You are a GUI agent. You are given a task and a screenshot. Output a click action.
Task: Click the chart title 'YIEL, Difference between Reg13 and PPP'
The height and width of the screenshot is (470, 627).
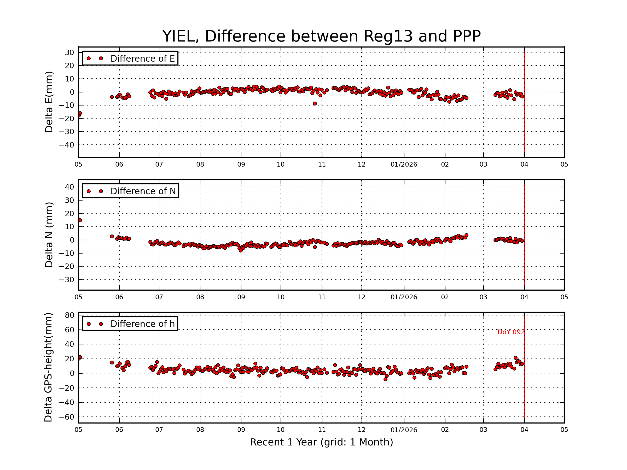pyautogui.click(x=321, y=36)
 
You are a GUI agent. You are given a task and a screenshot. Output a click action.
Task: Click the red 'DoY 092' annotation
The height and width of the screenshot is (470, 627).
pyautogui.click(x=511, y=332)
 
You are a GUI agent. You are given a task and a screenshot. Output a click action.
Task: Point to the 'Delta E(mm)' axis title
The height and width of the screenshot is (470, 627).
pyautogui.click(x=49, y=102)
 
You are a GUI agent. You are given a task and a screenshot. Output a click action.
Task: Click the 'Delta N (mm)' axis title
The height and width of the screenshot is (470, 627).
pyautogui.click(x=49, y=234)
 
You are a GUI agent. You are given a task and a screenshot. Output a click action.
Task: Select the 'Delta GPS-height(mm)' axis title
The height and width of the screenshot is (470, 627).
pyautogui.click(x=48, y=367)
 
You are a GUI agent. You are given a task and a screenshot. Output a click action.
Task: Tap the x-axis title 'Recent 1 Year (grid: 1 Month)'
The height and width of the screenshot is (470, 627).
pyautogui.click(x=321, y=442)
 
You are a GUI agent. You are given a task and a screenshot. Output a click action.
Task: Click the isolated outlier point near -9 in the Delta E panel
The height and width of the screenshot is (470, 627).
pyautogui.click(x=315, y=104)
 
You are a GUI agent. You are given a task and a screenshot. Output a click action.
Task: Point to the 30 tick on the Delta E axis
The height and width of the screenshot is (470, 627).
pyautogui.click(x=69, y=52)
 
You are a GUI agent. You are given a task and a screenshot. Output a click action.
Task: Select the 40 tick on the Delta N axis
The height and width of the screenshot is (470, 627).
pyautogui.click(x=69, y=187)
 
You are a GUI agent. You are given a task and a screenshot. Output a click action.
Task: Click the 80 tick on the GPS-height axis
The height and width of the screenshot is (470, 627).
pyautogui.click(x=69, y=315)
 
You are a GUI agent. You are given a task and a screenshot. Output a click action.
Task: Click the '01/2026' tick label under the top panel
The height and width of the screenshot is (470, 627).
pyautogui.click(x=404, y=164)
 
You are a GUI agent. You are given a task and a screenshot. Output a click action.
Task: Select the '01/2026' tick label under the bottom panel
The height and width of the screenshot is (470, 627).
pyautogui.click(x=404, y=430)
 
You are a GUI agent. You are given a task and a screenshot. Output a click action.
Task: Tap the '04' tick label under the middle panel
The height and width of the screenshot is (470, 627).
pyautogui.click(x=524, y=297)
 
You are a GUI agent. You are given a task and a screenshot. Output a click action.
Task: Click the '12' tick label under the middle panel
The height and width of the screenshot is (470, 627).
pyautogui.click(x=362, y=297)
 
